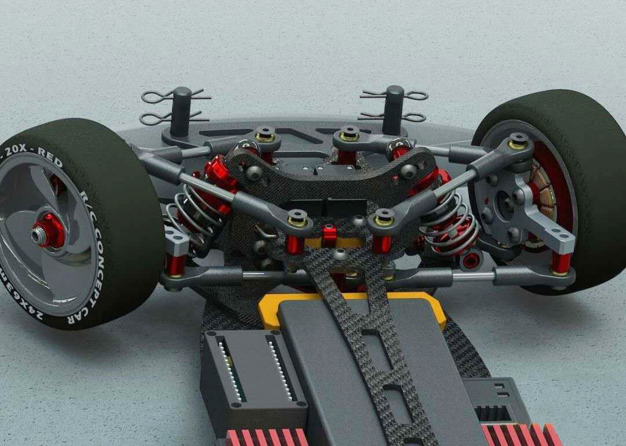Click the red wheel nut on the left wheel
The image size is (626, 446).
48,228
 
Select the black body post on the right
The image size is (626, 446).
394,104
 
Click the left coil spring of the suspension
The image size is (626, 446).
194,212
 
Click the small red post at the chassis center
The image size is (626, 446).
329,235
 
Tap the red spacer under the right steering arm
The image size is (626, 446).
561,262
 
